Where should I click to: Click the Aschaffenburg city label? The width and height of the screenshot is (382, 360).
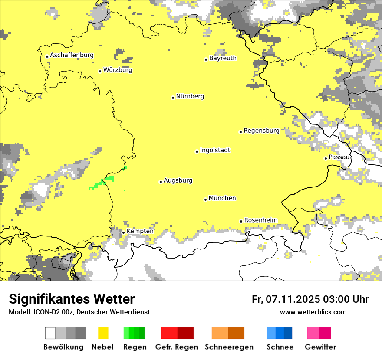pos(72,56)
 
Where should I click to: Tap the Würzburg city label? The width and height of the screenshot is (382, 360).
pos(118,70)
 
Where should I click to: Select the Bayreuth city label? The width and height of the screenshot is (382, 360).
pos(223,58)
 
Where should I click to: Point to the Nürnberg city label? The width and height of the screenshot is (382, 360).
pos(190,97)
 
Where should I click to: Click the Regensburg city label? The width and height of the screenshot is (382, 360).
pos(261,131)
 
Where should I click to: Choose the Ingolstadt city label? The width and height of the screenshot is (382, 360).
pos(215,151)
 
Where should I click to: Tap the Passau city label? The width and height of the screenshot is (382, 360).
pos(339,157)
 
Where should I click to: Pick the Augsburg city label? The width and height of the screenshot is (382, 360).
pos(178,181)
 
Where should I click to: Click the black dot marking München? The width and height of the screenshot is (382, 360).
pos(205,200)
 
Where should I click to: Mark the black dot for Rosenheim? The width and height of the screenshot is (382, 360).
pos(241,221)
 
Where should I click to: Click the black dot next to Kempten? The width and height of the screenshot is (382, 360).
pos(123,232)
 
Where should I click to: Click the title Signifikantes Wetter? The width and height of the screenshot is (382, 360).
pos(72,299)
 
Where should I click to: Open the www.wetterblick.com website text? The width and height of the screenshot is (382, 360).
pos(313,312)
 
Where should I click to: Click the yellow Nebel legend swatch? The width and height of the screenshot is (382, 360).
pos(103,333)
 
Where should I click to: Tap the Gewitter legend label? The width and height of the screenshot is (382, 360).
pos(320,347)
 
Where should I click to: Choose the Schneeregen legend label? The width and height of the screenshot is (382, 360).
pos(229,347)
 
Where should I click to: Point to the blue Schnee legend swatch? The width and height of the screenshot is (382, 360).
pos(280,333)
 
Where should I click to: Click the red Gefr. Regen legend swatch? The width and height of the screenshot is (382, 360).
pos(177,333)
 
